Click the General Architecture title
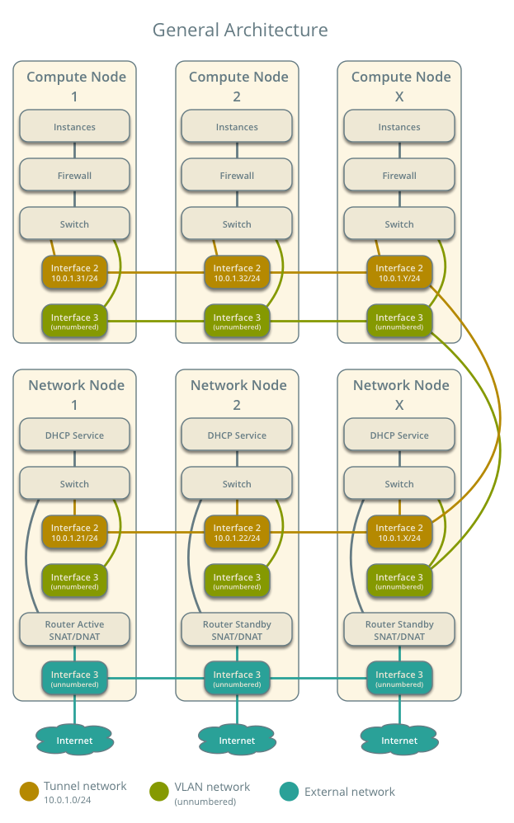pos(240,31)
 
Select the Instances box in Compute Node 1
pos(75,127)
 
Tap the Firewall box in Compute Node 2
pos(237,176)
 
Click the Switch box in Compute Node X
pos(399,224)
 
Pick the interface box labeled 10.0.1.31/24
pos(75,273)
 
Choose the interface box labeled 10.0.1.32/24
pos(237,273)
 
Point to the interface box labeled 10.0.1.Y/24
pos(399,273)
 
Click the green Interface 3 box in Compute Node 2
pos(237,322)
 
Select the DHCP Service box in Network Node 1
pos(75,435)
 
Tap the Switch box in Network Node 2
pos(237,484)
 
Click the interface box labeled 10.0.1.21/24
pos(75,533)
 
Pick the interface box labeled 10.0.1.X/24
pos(399,533)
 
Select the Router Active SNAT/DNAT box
pos(75,630)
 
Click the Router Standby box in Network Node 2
pos(237,630)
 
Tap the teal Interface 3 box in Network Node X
pos(399,679)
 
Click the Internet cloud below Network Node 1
pos(75,741)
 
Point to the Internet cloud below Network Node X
pos(399,741)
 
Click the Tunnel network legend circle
pos(30,792)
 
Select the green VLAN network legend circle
pos(160,792)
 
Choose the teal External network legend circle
pos(289,792)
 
